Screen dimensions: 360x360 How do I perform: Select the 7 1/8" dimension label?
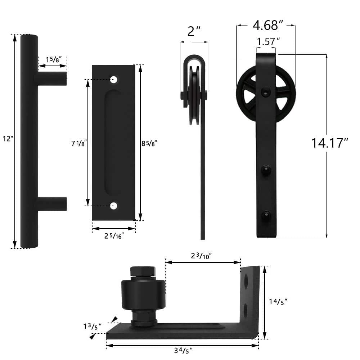(78, 143)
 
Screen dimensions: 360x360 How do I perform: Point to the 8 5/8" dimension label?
(149, 143)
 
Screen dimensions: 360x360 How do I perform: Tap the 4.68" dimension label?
(266, 26)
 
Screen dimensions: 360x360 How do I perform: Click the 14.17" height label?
(330, 143)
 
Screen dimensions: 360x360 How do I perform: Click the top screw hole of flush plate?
(114, 80)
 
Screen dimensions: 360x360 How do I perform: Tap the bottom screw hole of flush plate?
(114, 206)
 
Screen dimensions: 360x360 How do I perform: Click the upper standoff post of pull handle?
(52, 78)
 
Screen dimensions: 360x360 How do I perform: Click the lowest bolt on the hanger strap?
(266, 215)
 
